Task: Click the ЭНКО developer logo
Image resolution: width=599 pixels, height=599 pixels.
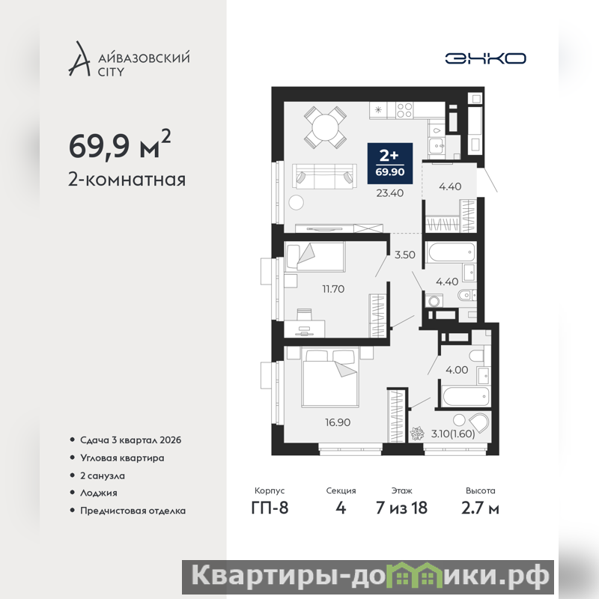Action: click(x=485, y=58)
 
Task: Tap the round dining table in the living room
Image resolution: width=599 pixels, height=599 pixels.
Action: click(x=325, y=127)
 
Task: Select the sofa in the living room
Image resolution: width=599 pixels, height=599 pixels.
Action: click(x=325, y=177)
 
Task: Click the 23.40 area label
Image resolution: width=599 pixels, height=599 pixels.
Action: click(x=389, y=193)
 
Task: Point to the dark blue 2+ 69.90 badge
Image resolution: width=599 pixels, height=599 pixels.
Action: click(x=389, y=164)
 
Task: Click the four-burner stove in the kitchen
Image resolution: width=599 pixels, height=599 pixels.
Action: click(x=404, y=110)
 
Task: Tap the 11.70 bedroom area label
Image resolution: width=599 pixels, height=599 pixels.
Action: click(x=333, y=289)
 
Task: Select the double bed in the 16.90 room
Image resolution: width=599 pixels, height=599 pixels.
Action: click(x=330, y=377)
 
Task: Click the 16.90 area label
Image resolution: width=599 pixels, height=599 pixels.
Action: click(x=338, y=422)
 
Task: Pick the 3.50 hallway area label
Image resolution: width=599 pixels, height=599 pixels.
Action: click(x=404, y=255)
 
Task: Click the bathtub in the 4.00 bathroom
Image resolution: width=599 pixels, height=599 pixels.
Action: click(x=465, y=397)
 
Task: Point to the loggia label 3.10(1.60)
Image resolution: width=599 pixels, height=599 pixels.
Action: click(x=453, y=434)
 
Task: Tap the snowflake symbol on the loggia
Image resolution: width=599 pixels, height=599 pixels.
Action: click(x=417, y=434)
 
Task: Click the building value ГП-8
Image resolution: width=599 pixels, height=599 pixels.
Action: click(x=270, y=508)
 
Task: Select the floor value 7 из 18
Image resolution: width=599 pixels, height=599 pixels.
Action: click(x=401, y=508)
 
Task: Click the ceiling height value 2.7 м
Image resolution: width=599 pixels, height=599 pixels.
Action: click(x=480, y=508)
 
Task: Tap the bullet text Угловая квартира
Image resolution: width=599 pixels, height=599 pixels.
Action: click(x=122, y=458)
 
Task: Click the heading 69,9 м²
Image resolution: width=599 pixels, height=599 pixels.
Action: click(x=120, y=145)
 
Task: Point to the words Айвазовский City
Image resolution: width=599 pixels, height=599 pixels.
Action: click(x=144, y=64)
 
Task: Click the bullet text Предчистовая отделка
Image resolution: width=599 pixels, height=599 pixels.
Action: click(x=133, y=511)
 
